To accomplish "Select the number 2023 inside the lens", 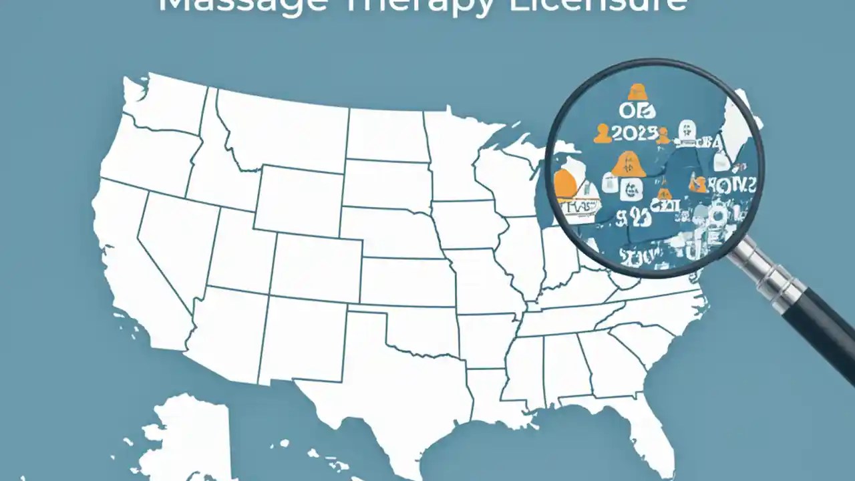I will point(635,133).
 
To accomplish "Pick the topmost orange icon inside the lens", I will point(638,92).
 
